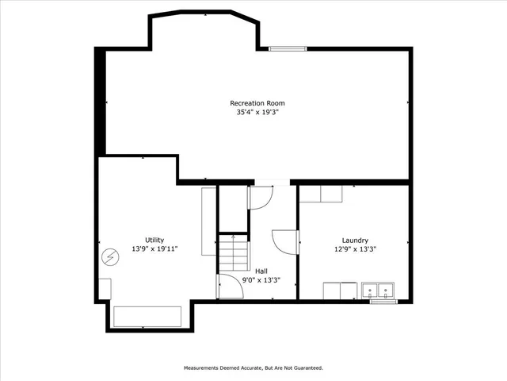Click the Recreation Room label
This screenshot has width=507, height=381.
pyautogui.click(x=257, y=103)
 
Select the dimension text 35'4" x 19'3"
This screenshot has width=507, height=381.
pyautogui.click(x=257, y=113)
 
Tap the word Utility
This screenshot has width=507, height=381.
pyautogui.click(x=154, y=240)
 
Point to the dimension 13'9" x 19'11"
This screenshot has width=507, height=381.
pyautogui.click(x=154, y=249)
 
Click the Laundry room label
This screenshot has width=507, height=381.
pyautogui.click(x=354, y=240)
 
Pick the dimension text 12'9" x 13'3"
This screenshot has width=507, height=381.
pyautogui.click(x=354, y=249)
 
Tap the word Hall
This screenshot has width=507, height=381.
pyautogui.click(x=261, y=271)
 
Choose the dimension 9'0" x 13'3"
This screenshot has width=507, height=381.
pyautogui.click(x=261, y=279)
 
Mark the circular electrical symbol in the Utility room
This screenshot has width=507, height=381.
pyautogui.click(x=109, y=256)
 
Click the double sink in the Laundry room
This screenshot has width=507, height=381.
pyautogui.click(x=379, y=291)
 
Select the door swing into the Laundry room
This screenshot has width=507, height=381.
pyautogui.click(x=284, y=241)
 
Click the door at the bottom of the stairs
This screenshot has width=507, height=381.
pyautogui.click(x=228, y=287)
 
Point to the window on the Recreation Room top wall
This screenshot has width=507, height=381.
pyautogui.click(x=288, y=49)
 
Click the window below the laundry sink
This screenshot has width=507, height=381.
pyautogui.click(x=383, y=301)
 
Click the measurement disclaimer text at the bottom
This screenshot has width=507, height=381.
pyautogui.click(x=253, y=368)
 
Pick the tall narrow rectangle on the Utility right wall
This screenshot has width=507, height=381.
pyautogui.click(x=208, y=221)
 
